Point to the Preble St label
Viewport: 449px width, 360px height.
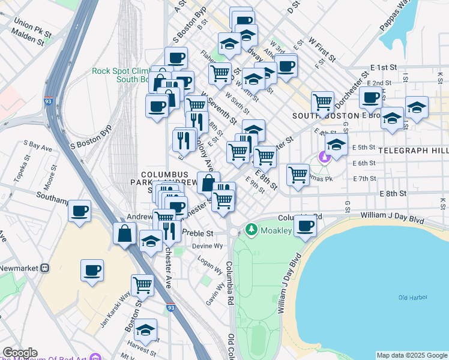pyautogui.click(x=197, y=233)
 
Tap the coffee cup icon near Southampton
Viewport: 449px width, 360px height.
pyautogui.click(x=79, y=211)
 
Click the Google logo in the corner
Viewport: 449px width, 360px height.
pyautogui.click(x=19, y=353)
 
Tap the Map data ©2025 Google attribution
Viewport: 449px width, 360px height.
pyautogui.click(x=411, y=355)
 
